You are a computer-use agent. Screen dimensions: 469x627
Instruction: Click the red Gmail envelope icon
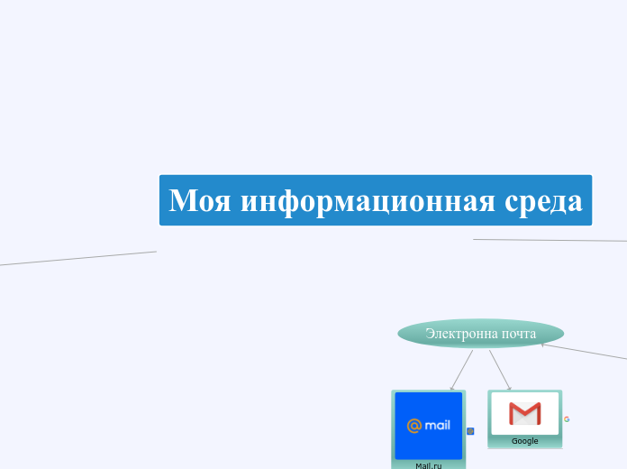pyautogui.click(x=524, y=413)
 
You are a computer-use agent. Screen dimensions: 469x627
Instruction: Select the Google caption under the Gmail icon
pyautogui.click(x=524, y=441)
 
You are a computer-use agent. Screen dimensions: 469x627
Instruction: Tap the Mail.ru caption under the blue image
pyautogui.click(x=429, y=465)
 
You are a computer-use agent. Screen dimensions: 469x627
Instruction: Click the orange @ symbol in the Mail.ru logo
pyautogui.click(x=414, y=426)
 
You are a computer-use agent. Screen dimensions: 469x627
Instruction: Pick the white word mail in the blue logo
pyautogui.click(x=437, y=425)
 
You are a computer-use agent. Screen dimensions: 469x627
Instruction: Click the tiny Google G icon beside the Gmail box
pyautogui.click(x=567, y=418)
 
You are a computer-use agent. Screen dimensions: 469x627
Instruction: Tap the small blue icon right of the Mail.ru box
pyautogui.click(x=470, y=431)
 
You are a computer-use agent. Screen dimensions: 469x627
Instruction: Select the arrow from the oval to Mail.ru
pyautogui.click(x=462, y=369)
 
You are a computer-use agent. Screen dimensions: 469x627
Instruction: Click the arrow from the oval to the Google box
pyautogui.click(x=500, y=370)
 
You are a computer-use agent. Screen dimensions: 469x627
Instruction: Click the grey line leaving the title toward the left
pyautogui.click(x=81, y=258)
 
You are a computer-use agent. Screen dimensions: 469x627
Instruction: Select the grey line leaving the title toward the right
pyautogui.click(x=550, y=240)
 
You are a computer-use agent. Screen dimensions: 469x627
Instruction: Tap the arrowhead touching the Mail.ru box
pyautogui.click(x=451, y=389)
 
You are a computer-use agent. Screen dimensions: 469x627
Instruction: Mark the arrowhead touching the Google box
pyautogui.click(x=510, y=389)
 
